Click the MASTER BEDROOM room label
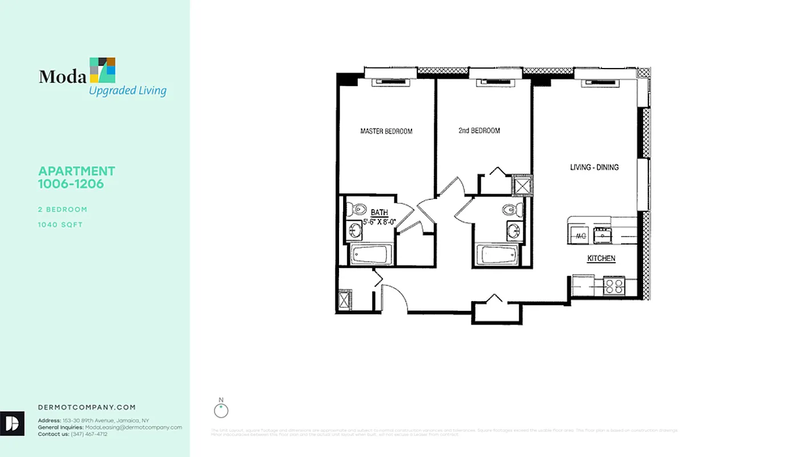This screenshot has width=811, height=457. [x=386, y=131]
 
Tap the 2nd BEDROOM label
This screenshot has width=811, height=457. [x=479, y=131]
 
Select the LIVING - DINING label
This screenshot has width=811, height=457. [x=594, y=167]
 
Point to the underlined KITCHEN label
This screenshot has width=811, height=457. [x=601, y=259]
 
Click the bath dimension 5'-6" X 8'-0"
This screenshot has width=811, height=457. [x=380, y=222]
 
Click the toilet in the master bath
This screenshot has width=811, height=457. [x=357, y=209]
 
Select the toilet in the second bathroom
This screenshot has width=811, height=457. [x=513, y=210]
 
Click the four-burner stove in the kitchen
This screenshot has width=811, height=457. [x=614, y=286]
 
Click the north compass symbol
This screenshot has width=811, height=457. [x=221, y=410]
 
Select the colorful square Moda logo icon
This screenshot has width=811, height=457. [x=103, y=70]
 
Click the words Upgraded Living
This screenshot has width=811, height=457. [x=127, y=91]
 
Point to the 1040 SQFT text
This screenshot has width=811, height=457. [x=60, y=225]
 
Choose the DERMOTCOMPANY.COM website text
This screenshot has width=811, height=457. [x=87, y=407]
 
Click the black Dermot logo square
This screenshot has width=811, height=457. [x=12, y=423]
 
